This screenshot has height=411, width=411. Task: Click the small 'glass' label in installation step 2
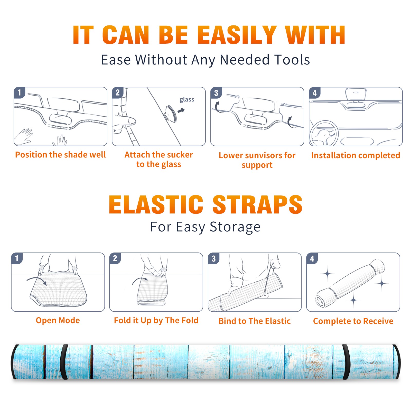(x=187, y=99)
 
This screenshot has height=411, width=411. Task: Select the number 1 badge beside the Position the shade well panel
(x=20, y=92)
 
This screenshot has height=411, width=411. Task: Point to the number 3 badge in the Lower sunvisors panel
(x=216, y=93)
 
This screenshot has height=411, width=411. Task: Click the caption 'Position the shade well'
(x=60, y=155)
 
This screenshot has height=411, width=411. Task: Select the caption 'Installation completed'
(x=356, y=155)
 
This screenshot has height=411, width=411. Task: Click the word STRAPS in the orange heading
(x=257, y=204)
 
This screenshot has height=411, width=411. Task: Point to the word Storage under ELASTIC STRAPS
(x=235, y=227)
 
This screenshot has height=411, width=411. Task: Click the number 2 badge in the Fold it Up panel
(x=115, y=258)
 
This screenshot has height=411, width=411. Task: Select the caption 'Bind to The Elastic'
(x=255, y=321)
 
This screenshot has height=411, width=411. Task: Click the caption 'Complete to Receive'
(x=353, y=321)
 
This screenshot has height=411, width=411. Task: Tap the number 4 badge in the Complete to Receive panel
(x=312, y=258)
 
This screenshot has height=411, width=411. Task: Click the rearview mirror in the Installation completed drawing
(x=356, y=95)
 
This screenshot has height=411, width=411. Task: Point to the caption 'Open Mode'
(x=58, y=321)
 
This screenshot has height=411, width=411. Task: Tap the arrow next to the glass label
(x=181, y=110)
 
